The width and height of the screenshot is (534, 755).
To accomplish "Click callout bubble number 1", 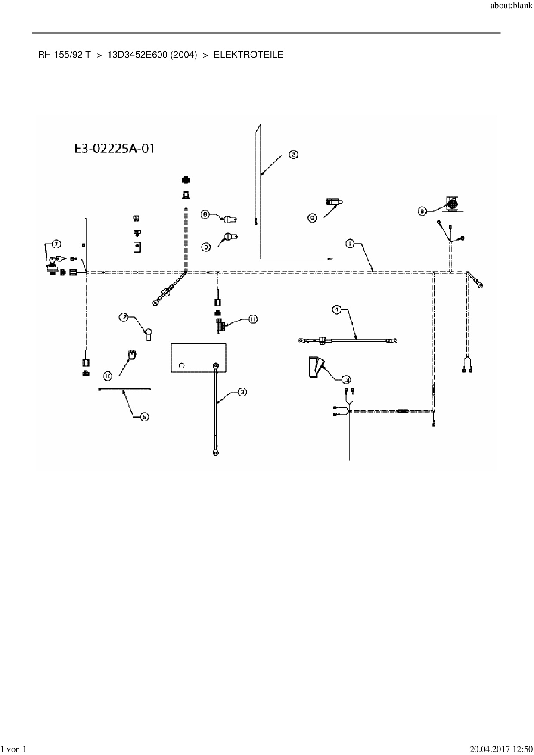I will [349, 244].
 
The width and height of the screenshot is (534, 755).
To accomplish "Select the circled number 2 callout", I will [293, 155].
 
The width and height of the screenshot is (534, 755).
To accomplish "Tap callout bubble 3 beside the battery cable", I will [242, 392].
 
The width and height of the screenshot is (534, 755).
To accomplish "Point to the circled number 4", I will [337, 309].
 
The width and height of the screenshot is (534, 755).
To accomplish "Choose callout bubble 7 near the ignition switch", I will [56, 244].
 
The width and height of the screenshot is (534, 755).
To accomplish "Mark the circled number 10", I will [108, 376].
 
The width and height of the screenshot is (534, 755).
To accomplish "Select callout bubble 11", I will [252, 319].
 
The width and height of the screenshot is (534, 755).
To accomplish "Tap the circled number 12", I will [124, 317].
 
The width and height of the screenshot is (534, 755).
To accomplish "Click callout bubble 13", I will [346, 379].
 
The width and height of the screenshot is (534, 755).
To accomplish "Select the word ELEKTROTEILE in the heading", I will [248, 55].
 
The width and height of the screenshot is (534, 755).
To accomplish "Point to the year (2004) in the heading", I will [183, 55].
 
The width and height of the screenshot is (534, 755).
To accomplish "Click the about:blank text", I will [511, 6].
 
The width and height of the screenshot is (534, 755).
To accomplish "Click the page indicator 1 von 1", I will [14, 749].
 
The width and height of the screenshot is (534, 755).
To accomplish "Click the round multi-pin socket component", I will [452, 204].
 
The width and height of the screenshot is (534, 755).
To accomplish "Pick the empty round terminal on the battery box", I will [181, 365].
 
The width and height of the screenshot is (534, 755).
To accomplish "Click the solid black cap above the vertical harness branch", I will [186, 180].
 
